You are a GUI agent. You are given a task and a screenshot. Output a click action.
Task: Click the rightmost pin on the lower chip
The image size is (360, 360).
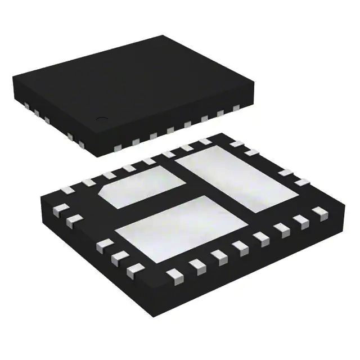[x=320, y=212]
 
